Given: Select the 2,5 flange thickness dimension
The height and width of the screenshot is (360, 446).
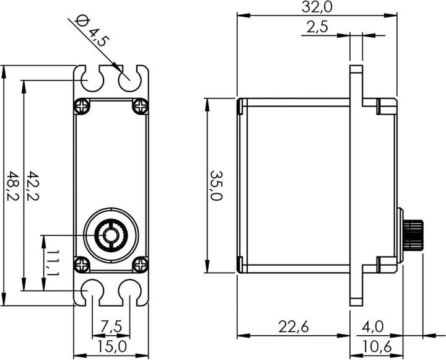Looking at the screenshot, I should (317, 27).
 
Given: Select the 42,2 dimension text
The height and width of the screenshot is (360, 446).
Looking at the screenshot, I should (32, 187).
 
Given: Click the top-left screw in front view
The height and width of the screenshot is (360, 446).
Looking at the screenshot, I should (82, 106).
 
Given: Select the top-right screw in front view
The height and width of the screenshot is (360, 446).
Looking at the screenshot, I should (140, 106).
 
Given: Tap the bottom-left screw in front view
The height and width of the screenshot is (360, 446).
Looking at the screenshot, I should (82, 265).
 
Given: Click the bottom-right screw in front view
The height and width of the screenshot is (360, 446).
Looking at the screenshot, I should (140, 265).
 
